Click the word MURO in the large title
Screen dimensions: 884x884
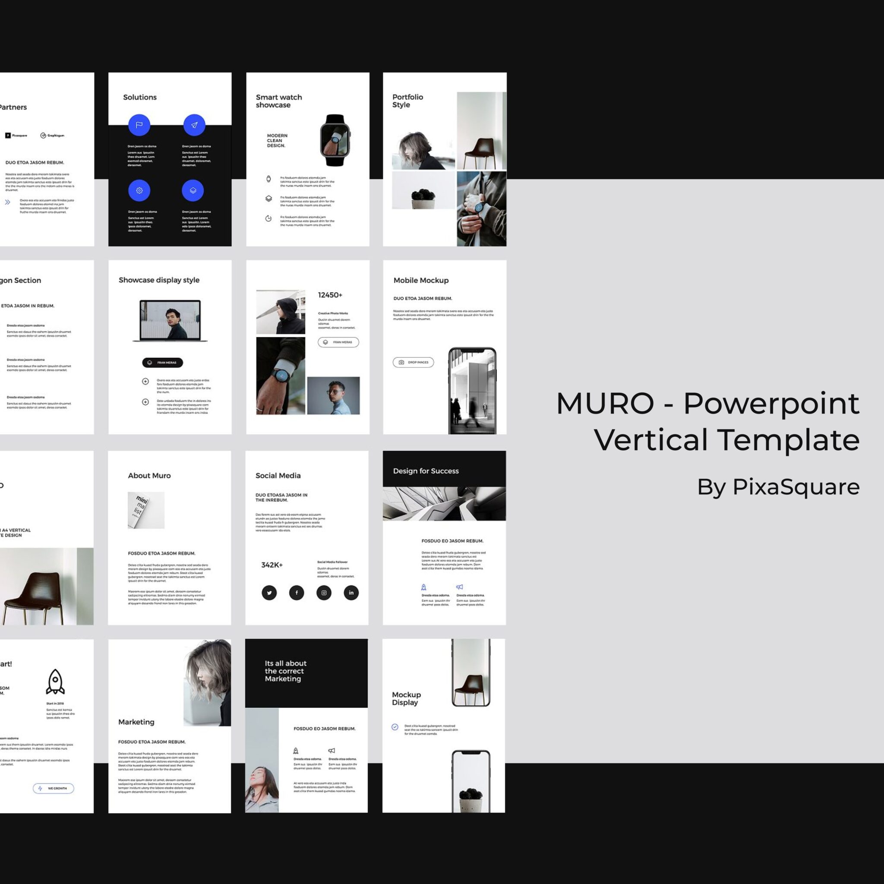click(605, 404)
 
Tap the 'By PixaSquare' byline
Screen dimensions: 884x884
click(778, 486)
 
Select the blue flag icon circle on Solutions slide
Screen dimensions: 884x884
click(139, 125)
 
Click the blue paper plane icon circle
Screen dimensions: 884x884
click(194, 125)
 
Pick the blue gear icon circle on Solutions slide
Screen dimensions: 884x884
click(139, 190)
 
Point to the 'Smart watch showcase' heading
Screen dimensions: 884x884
click(279, 101)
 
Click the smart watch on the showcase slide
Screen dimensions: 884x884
click(335, 140)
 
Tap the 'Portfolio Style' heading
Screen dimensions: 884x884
click(407, 101)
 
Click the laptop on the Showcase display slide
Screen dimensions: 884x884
click(170, 320)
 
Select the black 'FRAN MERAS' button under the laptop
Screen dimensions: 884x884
click(162, 363)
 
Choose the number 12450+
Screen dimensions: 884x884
click(330, 295)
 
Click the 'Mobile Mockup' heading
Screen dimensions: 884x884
click(421, 280)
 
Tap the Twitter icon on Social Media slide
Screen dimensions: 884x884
click(269, 593)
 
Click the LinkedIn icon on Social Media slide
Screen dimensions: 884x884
click(351, 593)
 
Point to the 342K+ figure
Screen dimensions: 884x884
click(272, 565)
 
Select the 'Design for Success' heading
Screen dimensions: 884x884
click(426, 471)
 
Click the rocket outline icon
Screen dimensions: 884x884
click(55, 682)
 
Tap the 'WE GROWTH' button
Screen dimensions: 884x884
click(54, 788)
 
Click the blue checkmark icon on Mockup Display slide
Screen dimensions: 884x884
click(395, 727)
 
